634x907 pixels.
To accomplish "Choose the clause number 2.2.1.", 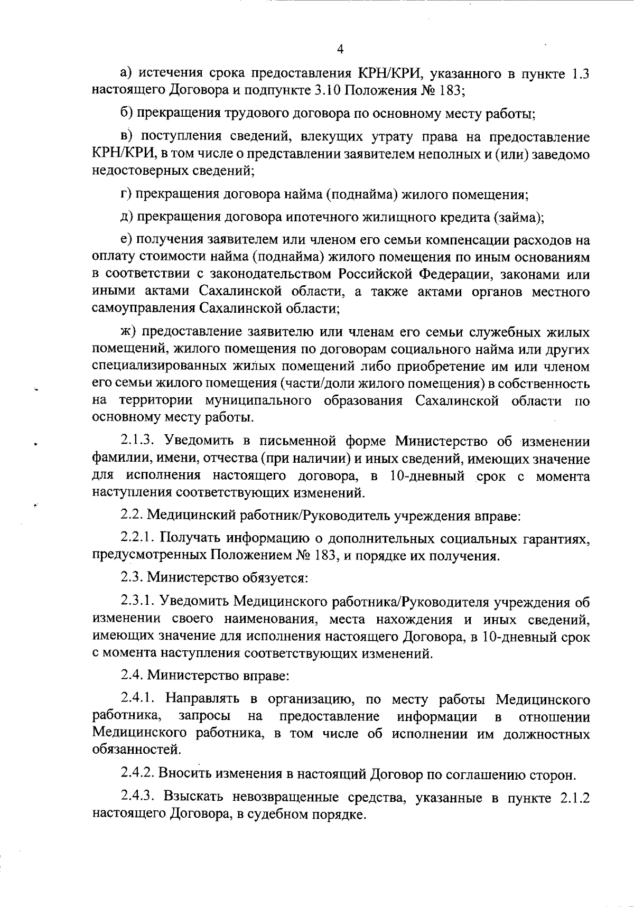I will (x=137, y=538).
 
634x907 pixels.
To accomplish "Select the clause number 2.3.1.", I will (x=137, y=602).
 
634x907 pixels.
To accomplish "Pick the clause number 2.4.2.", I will (x=137, y=774).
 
